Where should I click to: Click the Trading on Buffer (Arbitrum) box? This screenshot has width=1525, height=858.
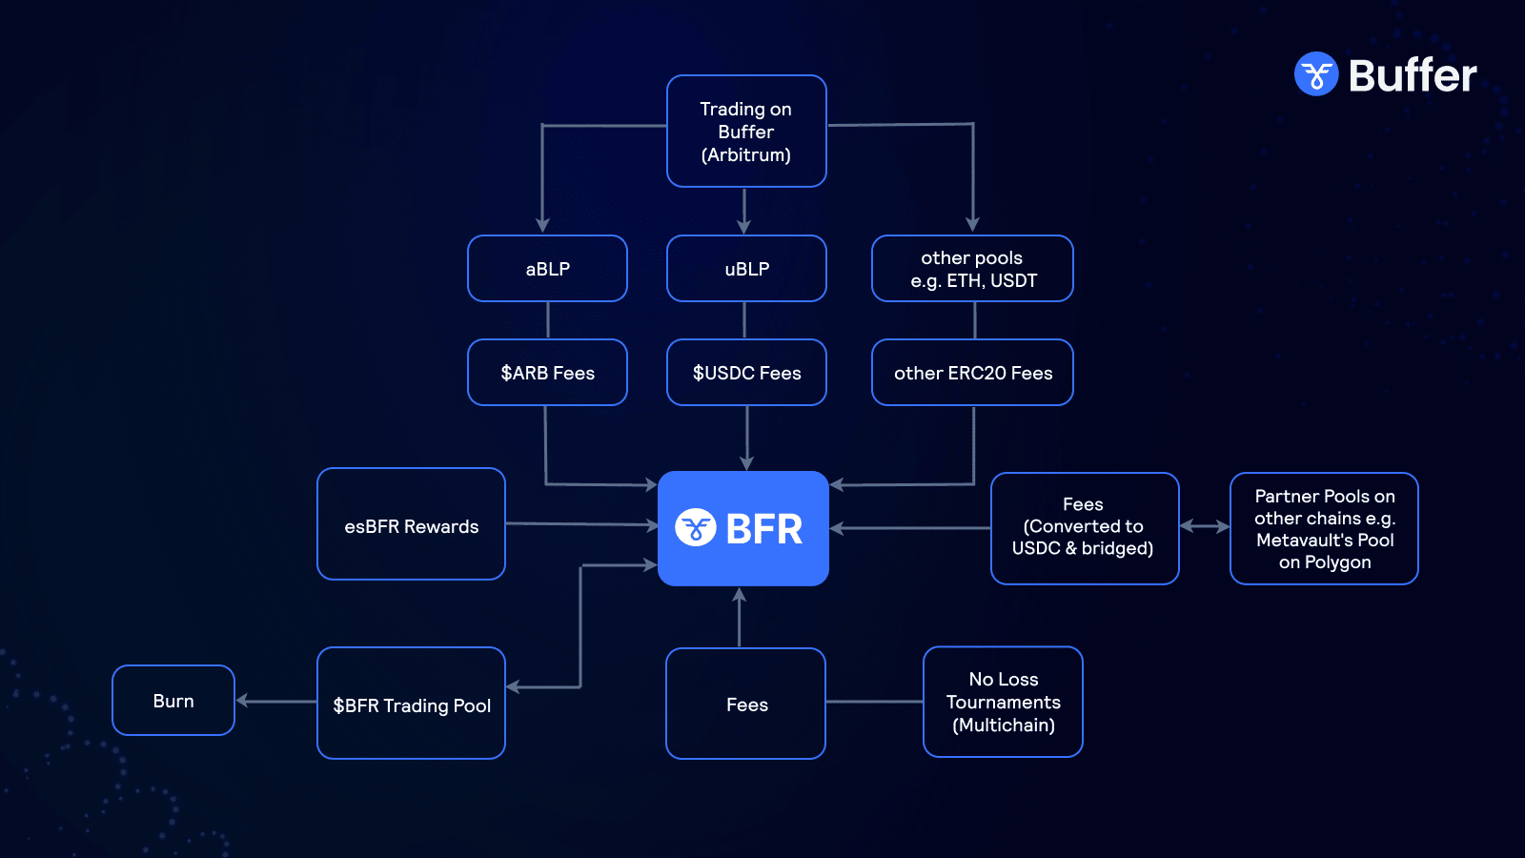pyautogui.click(x=746, y=132)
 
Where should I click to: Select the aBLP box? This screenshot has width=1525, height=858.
pyautogui.click(x=547, y=269)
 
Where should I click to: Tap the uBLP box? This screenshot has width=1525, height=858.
pyautogui.click(x=746, y=269)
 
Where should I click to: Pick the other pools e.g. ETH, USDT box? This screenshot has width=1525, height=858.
pyautogui.click(x=972, y=269)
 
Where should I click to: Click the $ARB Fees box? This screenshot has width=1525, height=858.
pyautogui.click(x=547, y=373)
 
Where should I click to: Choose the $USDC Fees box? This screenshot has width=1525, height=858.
pyautogui.click(x=746, y=373)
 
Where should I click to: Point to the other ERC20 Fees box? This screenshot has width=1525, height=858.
pyautogui.click(x=972, y=373)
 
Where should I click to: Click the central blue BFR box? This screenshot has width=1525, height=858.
pyautogui.click(x=743, y=528)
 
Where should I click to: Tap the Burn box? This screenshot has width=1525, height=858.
pyautogui.click(x=173, y=701)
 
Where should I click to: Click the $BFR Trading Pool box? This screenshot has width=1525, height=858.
pyautogui.click(x=411, y=704)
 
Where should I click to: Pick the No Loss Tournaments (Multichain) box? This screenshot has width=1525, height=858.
pyautogui.click(x=1003, y=703)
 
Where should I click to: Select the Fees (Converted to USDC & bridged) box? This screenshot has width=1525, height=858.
pyautogui.click(x=1085, y=528)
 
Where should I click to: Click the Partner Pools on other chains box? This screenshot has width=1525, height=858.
pyautogui.click(x=1324, y=528)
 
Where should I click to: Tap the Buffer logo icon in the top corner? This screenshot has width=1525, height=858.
pyautogui.click(x=1316, y=74)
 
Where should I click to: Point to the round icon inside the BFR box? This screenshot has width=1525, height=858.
pyautogui.click(x=696, y=527)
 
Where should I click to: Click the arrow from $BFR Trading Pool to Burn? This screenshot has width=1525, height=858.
pyautogui.click(x=276, y=701)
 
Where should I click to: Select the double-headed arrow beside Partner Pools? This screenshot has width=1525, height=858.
pyautogui.click(x=1205, y=526)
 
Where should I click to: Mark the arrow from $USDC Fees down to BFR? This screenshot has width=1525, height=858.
pyautogui.click(x=746, y=439)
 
